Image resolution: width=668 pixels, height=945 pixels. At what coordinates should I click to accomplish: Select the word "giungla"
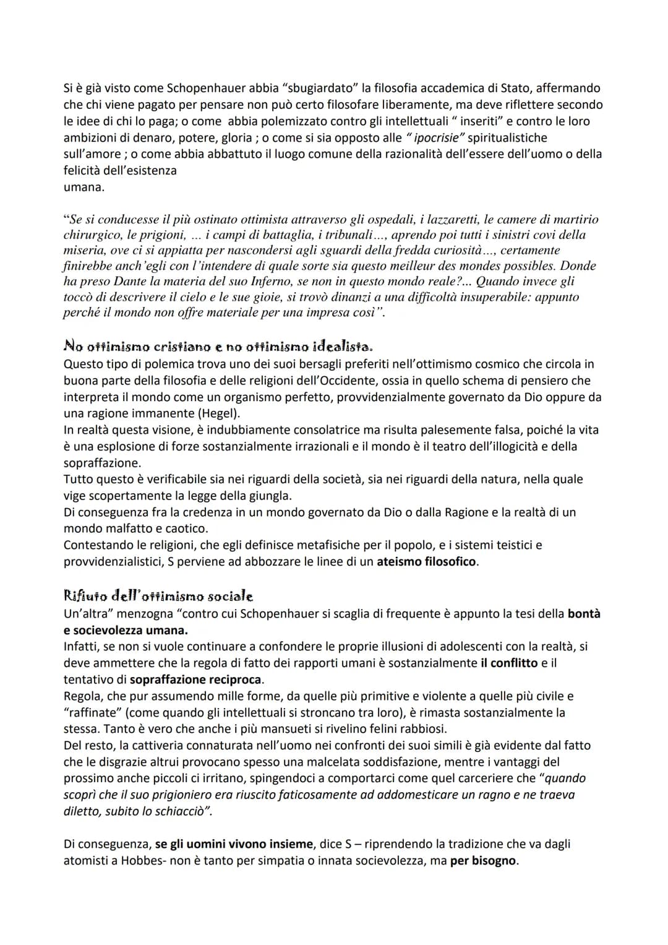tap(270, 496)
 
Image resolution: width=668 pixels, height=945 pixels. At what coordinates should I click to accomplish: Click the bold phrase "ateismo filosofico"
tap(427, 562)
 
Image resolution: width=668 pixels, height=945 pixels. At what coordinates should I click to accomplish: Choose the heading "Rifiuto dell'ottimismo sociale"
tap(158, 597)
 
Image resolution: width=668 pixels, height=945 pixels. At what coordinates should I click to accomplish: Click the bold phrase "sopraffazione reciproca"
tap(197, 680)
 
